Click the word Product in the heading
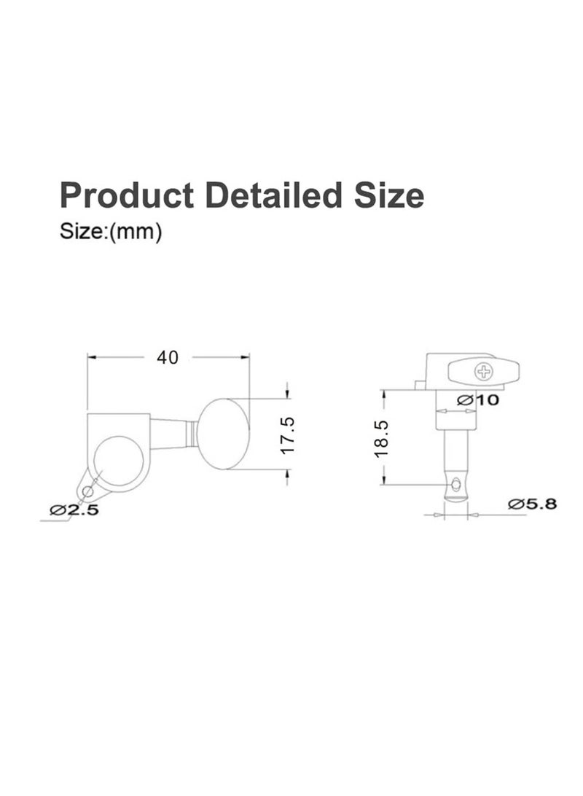126,196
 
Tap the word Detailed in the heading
274,195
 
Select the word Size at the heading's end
389,195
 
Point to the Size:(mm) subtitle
111,232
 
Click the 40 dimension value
168,357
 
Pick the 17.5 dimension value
287,435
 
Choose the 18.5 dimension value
381,438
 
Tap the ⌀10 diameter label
477,400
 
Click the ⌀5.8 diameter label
532,504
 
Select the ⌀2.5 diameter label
74,510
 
